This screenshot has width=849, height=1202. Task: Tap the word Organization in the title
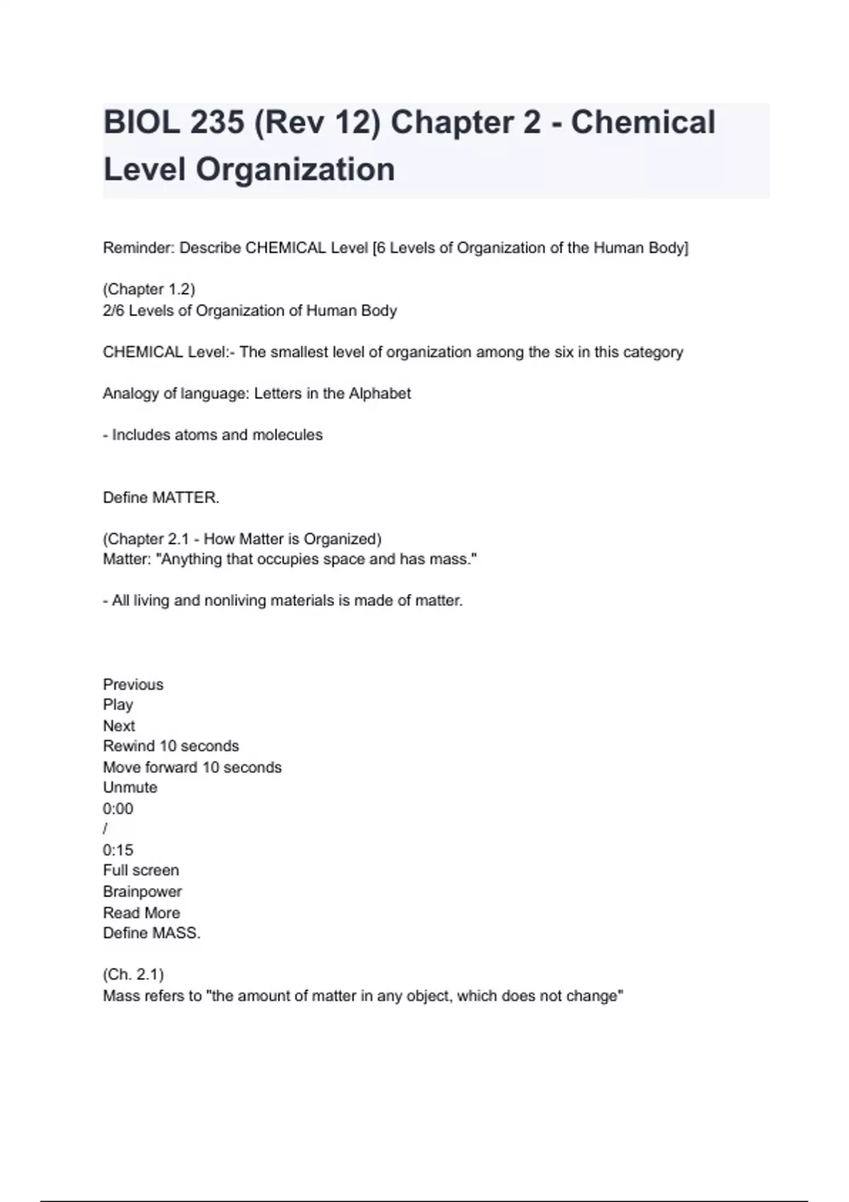tap(295, 170)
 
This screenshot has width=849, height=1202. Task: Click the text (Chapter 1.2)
tap(149, 289)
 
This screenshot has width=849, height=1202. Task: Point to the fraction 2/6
tap(113, 310)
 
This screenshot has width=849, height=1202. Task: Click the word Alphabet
tap(379, 393)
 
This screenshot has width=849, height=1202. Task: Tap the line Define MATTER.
tap(161, 498)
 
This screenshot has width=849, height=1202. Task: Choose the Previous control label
tap(133, 684)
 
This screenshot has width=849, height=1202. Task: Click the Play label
tap(117, 705)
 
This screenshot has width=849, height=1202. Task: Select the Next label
tap(119, 726)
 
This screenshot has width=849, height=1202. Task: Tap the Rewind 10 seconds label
tap(171, 746)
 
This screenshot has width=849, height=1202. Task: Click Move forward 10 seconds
tap(192, 767)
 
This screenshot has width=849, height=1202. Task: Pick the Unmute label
tap(130, 788)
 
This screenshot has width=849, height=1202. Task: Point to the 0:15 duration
tap(117, 850)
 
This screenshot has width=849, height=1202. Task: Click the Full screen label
tap(141, 870)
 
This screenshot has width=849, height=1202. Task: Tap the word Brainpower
tap(142, 892)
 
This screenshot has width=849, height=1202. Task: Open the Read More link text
tap(141, 913)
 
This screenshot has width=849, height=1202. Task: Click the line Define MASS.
tap(151, 933)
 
